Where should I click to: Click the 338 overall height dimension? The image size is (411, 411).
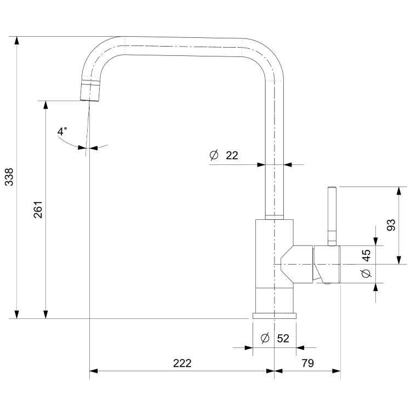click(9, 177)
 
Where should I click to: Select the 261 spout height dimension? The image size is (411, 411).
click(38, 209)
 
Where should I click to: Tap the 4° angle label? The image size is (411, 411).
click(62, 131)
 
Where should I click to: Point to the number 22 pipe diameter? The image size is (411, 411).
click(232, 156)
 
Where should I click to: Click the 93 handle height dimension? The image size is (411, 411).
click(391, 225)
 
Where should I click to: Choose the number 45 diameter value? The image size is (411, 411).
click(366, 255)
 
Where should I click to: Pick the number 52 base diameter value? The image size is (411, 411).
click(283, 339)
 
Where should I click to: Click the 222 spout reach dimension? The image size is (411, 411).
click(182, 363)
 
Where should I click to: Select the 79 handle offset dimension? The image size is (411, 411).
click(307, 363)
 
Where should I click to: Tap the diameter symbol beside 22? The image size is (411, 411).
click(214, 155)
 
